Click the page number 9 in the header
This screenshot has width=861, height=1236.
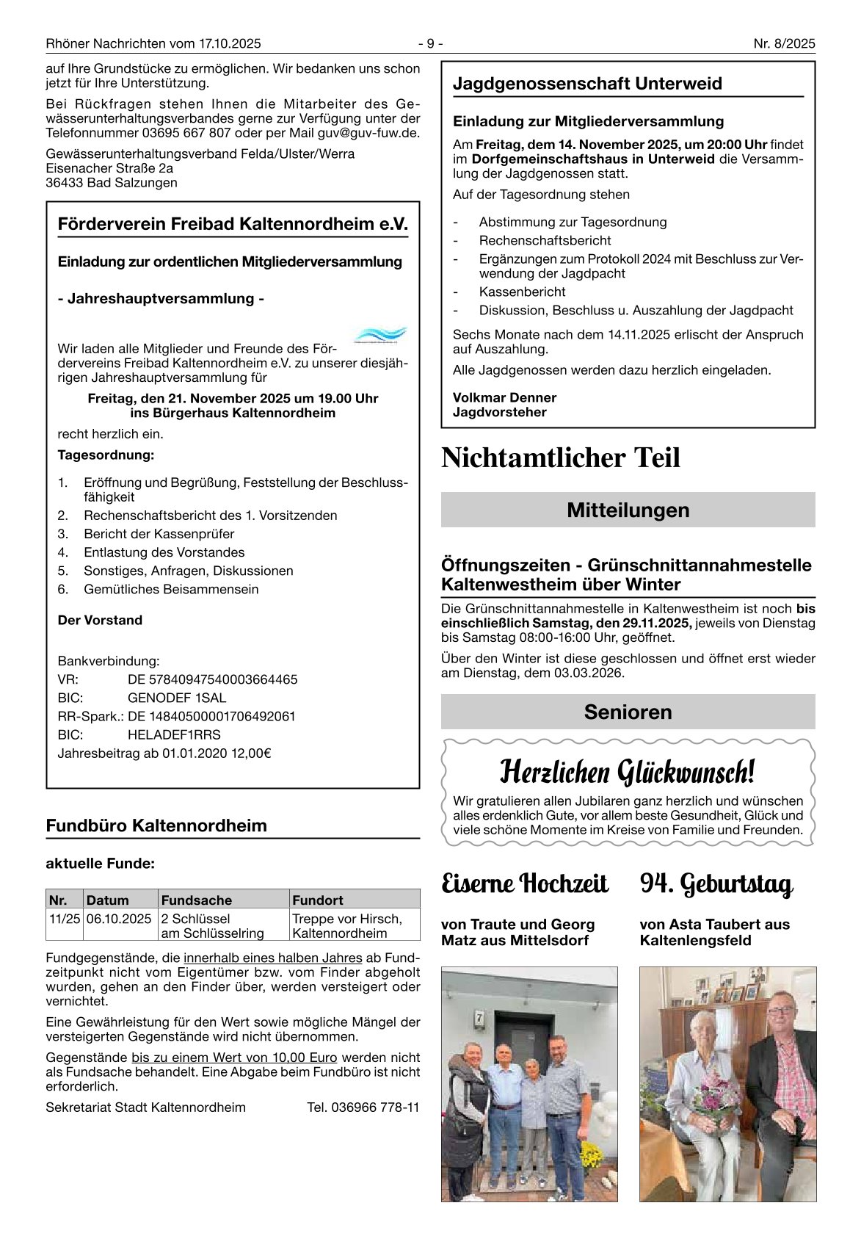(431, 44)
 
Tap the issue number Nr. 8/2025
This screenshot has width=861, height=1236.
(784, 44)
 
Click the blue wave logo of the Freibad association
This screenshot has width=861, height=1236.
(380, 336)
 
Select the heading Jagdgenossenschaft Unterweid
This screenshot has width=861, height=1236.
(587, 84)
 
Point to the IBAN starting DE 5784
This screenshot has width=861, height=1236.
(212, 679)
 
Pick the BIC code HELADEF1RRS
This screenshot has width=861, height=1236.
(174, 734)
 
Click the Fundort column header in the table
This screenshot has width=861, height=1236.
(317, 900)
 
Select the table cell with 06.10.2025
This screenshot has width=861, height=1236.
(119, 919)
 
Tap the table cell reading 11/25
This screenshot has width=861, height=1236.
(65, 919)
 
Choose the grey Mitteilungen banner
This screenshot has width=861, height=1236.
(628, 510)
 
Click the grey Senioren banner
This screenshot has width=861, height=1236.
(628, 712)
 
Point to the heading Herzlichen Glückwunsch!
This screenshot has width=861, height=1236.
(627, 772)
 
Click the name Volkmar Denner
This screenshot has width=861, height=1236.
(504, 398)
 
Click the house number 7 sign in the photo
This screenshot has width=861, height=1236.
(480, 1018)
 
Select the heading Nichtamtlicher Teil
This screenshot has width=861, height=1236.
(561, 458)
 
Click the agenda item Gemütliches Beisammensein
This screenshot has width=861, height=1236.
(171, 589)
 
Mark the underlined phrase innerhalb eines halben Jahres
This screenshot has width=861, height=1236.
(272, 958)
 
